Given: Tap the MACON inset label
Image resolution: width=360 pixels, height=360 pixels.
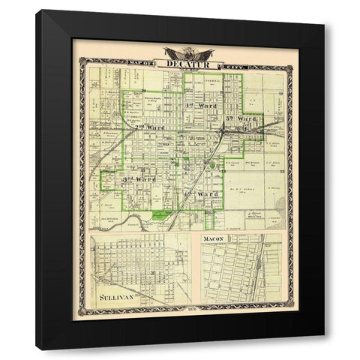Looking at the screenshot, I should (x=212, y=240).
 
